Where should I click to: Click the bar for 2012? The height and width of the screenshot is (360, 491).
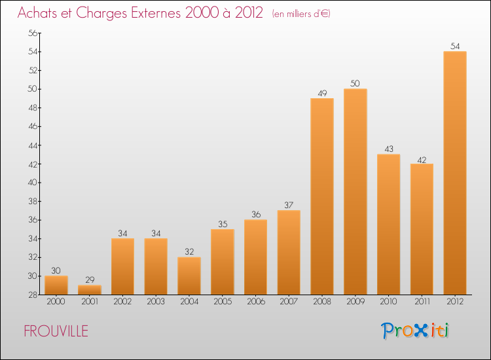click(455, 173)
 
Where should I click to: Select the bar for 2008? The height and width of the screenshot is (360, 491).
click(322, 196)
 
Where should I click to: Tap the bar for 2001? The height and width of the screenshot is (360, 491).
click(90, 289)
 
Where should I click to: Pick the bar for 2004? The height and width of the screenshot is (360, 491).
click(189, 276)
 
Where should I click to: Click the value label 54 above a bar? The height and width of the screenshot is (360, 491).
click(455, 46)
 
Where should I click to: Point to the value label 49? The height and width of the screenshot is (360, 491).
click(322, 93)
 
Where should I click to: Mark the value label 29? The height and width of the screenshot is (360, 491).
click(90, 279)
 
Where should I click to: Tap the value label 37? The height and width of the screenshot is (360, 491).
click(289, 205)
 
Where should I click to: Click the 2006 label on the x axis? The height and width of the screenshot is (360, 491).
click(255, 302)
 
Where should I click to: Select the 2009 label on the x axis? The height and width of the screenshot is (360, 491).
click(355, 302)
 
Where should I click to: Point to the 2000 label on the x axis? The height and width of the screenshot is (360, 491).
click(56, 302)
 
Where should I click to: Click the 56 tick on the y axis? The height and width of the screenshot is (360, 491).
click(32, 33)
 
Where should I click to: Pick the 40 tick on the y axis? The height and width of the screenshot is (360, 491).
click(32, 183)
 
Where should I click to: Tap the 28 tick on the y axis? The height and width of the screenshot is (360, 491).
click(32, 295)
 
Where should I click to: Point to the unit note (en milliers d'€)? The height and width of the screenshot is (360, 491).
click(301, 14)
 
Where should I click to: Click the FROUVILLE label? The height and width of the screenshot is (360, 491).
click(56, 331)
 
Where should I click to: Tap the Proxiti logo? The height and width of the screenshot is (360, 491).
click(415, 331)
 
